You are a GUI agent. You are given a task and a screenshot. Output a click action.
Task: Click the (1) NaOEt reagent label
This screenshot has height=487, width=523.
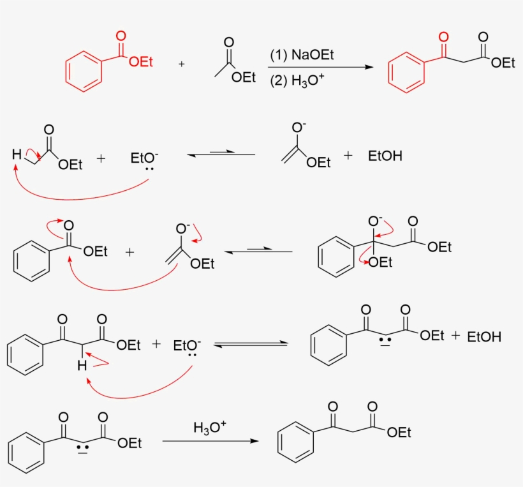pyautogui.click(x=302, y=55)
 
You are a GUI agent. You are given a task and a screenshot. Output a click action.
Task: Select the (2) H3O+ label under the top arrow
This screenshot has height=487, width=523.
pyautogui.click(x=297, y=80)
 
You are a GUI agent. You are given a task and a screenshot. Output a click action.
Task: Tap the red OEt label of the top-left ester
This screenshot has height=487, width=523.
pyautogui.click(x=141, y=62)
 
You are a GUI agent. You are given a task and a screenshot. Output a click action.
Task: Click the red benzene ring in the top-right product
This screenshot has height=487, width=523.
pyautogui.click(x=406, y=72)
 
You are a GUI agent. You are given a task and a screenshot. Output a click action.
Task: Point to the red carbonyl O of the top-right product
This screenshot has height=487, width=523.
pyautogui.click(x=443, y=37)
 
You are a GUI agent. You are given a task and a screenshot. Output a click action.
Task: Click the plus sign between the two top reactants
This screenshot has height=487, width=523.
pyautogui.click(x=181, y=64)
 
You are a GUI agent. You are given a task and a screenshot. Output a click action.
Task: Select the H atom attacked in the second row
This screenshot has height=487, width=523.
pyautogui.click(x=17, y=154)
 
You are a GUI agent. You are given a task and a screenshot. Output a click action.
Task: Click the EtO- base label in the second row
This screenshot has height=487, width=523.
pyautogui.click(x=144, y=158)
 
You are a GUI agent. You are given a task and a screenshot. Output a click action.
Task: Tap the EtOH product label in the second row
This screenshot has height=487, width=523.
pyautogui.click(x=385, y=156)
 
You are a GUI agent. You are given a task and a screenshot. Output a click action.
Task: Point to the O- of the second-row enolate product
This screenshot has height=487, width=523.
pyautogui.click(x=298, y=127)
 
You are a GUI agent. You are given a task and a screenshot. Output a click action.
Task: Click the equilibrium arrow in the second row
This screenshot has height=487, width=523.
pyautogui.click(x=221, y=154)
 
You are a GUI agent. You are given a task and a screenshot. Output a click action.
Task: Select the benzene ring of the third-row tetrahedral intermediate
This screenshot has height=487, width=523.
pyautogui.click(x=336, y=257)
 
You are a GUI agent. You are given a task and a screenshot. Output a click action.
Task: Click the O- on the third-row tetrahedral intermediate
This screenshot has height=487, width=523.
pyautogui.click(x=375, y=221)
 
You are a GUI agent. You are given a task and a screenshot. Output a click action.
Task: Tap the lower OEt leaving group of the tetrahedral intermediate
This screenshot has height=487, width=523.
pyautogui.click(x=381, y=262)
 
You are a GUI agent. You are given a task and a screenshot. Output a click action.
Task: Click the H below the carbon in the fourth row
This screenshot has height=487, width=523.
pyautogui.click(x=82, y=366)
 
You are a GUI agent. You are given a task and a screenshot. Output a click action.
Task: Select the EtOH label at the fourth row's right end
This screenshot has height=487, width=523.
pyautogui.click(x=484, y=337)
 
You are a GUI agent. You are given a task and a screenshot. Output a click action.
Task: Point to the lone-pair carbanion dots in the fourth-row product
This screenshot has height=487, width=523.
pyautogui.click(x=385, y=340)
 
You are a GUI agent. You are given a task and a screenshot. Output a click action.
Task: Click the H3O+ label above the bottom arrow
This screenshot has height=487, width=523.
pyautogui.click(x=210, y=427)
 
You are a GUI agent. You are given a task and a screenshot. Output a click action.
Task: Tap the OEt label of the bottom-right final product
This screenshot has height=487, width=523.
pyautogui.click(x=399, y=433)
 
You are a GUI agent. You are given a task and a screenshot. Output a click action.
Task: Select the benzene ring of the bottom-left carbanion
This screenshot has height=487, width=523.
pyautogui.click(x=26, y=453)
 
